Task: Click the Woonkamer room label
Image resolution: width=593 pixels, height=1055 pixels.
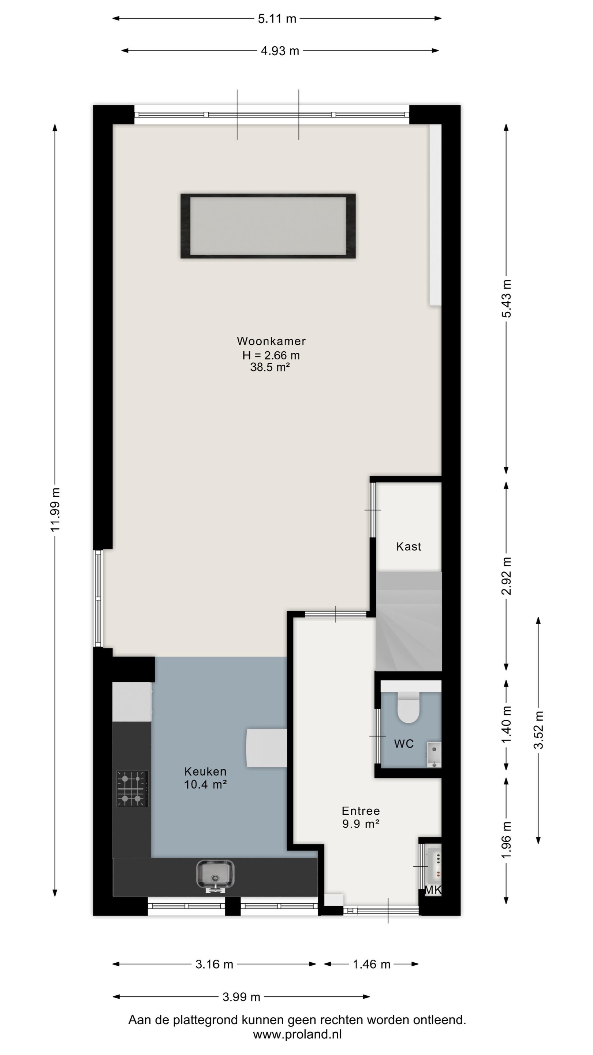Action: pos(271,341)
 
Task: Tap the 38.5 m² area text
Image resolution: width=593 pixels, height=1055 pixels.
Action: pos(270,367)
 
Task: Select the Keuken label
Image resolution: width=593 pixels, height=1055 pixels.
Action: pos(205,771)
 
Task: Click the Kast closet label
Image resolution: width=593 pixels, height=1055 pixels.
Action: pos(409,546)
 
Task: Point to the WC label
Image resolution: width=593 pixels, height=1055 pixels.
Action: pos(403,744)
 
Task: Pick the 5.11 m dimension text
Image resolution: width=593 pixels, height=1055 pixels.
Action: pos(277,19)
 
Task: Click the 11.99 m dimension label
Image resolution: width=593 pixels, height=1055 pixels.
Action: pos(55,510)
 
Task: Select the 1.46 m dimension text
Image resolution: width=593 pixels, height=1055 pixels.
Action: pos(372,964)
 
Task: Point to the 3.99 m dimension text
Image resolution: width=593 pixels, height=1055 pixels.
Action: pos(242,997)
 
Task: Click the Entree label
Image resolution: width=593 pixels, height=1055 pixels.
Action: pos(361,811)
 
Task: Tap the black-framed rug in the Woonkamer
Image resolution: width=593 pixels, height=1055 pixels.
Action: pos(268,226)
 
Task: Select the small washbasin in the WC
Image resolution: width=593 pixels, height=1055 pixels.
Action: pos(434,754)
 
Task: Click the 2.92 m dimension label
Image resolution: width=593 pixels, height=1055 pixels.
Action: pos(507,576)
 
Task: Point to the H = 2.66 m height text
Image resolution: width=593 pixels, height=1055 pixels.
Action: pos(271,355)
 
